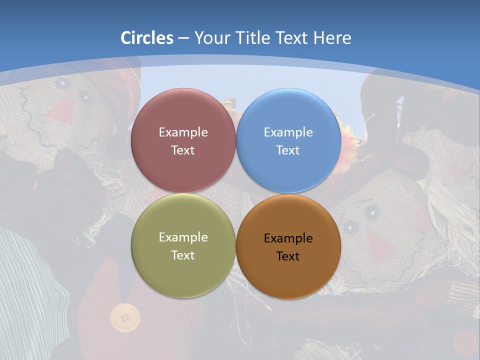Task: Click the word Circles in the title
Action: [x=147, y=38]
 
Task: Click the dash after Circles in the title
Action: [x=183, y=38]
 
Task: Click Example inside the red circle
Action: [x=183, y=132]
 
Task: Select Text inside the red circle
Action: [x=183, y=150]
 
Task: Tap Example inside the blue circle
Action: [x=288, y=132]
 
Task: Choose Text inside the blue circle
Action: [x=288, y=150]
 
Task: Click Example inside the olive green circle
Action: [x=183, y=237]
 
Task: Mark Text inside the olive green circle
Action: [x=183, y=255]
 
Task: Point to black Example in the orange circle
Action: [x=288, y=238]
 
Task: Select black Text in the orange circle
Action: [x=288, y=256]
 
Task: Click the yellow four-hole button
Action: [x=123, y=317]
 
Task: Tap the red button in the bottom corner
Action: [x=465, y=343]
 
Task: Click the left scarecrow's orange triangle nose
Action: [x=63, y=110]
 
